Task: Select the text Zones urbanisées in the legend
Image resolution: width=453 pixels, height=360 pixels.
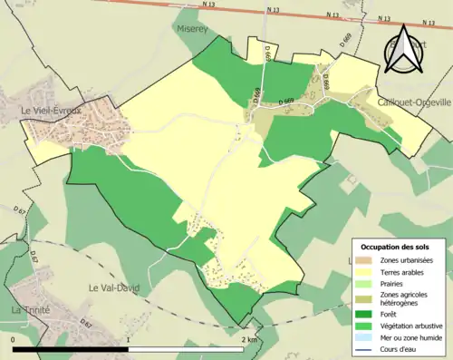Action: point(407,260)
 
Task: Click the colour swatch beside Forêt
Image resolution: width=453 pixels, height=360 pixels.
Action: point(367,314)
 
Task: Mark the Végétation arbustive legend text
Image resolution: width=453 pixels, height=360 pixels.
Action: point(411,326)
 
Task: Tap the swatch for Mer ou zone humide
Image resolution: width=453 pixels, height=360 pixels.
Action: point(367,336)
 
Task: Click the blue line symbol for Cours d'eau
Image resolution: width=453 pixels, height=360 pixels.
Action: point(367,347)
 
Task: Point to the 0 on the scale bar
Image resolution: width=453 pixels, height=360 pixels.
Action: point(13,339)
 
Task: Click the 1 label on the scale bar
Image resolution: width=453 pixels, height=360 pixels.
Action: point(129,339)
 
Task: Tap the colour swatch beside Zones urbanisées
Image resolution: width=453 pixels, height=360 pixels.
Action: point(367,260)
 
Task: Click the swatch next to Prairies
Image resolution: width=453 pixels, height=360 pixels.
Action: point(367,282)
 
